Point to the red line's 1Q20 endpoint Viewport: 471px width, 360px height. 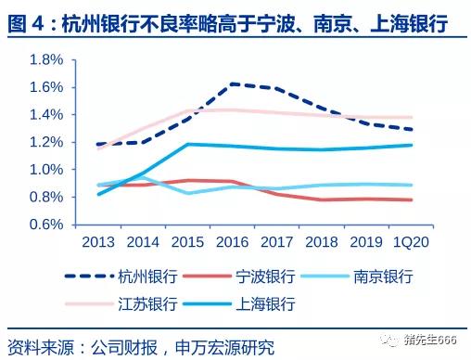pyautogui.click(x=412, y=199)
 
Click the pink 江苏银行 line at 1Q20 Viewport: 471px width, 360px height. pyautogui.click(x=412, y=118)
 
